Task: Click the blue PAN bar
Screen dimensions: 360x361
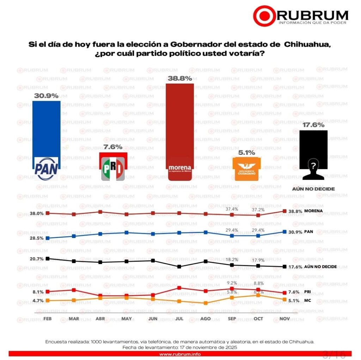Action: pyautogui.click(x=46, y=130)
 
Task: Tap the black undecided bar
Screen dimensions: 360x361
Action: pyautogui.click(x=313, y=148)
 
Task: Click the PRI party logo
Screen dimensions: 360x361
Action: pyautogui.click(x=113, y=169)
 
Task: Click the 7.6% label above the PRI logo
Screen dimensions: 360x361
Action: pyautogui.click(x=113, y=147)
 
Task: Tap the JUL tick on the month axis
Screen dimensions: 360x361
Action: pyautogui.click(x=179, y=318)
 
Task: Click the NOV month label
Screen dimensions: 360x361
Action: pyautogui.click(x=284, y=318)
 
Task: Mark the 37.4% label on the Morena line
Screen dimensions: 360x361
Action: pyautogui.click(x=232, y=209)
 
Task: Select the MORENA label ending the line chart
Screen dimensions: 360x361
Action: pyautogui.click(x=314, y=211)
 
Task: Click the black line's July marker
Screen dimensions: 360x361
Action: pyautogui.click(x=179, y=267)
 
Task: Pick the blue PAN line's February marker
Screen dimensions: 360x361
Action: pyautogui.click(x=48, y=238)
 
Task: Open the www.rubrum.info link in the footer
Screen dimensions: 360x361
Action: pyautogui.click(x=180, y=354)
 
